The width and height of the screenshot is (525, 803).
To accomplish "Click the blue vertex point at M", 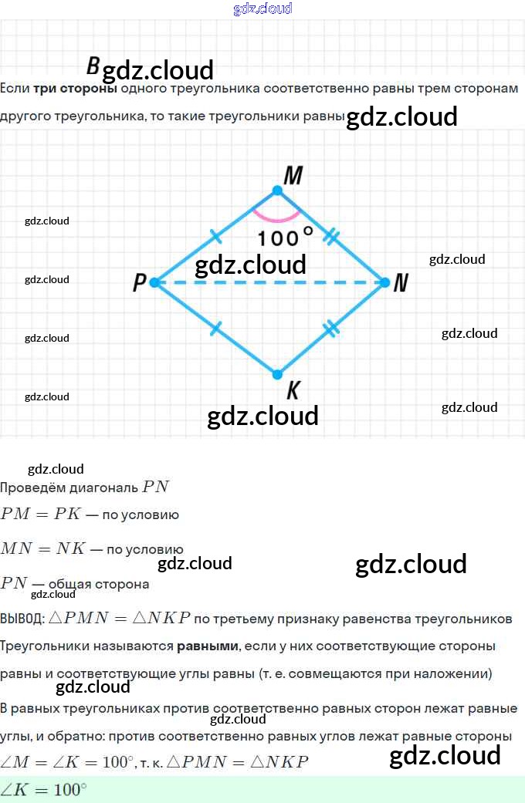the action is [x=277, y=190].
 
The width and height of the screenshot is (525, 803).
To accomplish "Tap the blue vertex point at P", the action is [x=154, y=282].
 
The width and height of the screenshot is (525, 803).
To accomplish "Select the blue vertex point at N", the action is [x=384, y=282].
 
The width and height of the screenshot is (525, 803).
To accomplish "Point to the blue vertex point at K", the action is [x=277, y=375].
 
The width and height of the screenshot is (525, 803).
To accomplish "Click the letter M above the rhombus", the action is [x=293, y=176].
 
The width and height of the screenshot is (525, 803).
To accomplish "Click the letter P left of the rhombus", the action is [x=139, y=283].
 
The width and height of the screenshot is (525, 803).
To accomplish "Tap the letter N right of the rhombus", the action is [x=400, y=284].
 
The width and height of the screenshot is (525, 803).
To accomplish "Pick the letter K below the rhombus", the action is [x=293, y=391].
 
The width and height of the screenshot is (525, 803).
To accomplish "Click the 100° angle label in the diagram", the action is [x=285, y=237].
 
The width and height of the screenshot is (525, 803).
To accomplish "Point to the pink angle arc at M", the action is [x=277, y=218].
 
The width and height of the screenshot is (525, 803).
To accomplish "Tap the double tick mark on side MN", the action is [x=331, y=236].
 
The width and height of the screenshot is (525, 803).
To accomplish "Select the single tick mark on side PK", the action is [x=215, y=329].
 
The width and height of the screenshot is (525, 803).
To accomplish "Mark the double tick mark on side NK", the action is [x=330, y=329].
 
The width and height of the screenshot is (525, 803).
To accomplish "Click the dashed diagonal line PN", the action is [x=269, y=282].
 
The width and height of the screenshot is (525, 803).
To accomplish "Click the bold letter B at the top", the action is [x=93, y=66].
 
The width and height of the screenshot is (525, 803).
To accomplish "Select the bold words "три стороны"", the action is [x=75, y=88].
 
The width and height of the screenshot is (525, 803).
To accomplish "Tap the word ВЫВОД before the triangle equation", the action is [x=22, y=619].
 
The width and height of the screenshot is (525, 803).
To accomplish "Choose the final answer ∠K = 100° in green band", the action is [x=43, y=790].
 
